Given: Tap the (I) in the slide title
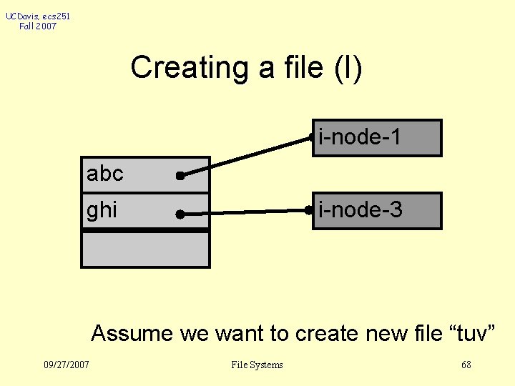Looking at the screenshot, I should point(347,68).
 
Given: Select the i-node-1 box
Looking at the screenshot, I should point(377,137).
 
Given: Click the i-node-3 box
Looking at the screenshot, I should point(377,210).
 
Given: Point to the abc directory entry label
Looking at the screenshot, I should point(105,174).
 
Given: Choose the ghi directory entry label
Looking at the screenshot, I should point(102,211).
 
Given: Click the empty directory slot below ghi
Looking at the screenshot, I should point(145,249).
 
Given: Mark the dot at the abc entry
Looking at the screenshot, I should point(180,175).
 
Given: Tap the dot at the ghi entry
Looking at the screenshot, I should point(180,213).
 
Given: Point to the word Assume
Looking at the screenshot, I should point(132,333).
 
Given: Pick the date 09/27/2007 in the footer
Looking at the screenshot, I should point(67,365).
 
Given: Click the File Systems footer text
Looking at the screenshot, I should point(257,365).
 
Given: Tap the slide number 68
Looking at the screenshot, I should point(466,365).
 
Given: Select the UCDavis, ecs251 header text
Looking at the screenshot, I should point(38,16).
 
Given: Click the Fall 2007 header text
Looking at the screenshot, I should point(38,26).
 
